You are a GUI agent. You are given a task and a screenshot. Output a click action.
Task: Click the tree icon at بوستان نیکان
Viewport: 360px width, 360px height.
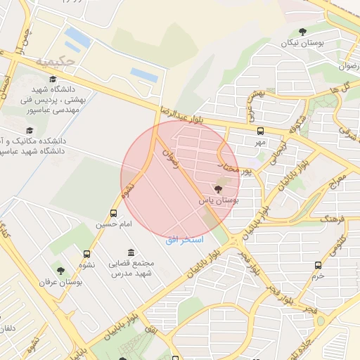pyautogui.click(x=303, y=32)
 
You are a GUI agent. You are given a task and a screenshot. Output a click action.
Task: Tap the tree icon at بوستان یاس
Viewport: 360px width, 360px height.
pyautogui.click(x=218, y=188)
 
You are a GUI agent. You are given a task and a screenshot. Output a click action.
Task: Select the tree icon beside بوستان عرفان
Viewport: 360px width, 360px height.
pyautogui.click(x=60, y=270)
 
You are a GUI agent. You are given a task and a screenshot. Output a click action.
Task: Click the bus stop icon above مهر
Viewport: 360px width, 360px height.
pyautogui.click(x=261, y=131)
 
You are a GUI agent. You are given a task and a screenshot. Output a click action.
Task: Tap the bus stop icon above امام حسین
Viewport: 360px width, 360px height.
pyautogui.click(x=114, y=214)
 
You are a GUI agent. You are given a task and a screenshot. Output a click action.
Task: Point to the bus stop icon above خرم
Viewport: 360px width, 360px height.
pyautogui.click(x=319, y=265)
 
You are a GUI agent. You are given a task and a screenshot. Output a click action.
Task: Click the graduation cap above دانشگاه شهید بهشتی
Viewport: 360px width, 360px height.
pyautogui.click(x=53, y=79)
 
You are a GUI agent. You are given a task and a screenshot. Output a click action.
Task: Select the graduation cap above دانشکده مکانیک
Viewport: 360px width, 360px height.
pyautogui.click(x=30, y=131)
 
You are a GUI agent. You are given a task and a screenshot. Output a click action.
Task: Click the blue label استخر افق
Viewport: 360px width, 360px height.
pyautogui.click(x=184, y=240)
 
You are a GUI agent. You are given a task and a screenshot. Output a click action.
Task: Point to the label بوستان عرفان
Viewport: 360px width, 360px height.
pyautogui.click(x=61, y=282)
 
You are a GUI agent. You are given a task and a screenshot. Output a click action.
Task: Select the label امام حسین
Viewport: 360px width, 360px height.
pyautogui.click(x=114, y=225)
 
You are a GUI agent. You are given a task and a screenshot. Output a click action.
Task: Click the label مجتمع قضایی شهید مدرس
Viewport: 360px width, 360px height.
pyautogui.click(x=132, y=268)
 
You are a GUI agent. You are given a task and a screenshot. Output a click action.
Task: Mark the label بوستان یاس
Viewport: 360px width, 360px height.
pyautogui.click(x=219, y=200)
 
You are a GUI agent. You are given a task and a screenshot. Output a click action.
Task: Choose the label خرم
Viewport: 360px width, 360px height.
pyautogui.click(x=319, y=276)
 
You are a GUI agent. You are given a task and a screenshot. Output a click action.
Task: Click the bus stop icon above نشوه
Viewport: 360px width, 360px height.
pyautogui.click(x=87, y=255)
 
